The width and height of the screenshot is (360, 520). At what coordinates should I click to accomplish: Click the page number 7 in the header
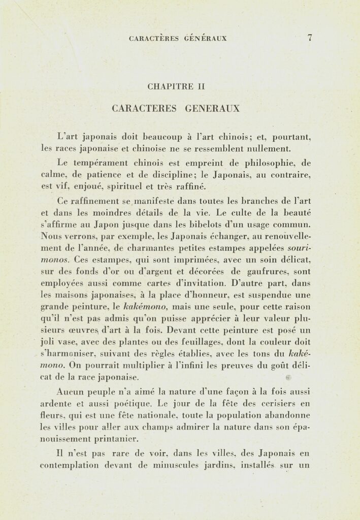309,38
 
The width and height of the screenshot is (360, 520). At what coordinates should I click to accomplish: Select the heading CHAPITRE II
176,86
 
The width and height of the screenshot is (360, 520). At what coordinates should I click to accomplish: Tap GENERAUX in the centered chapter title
212,108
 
